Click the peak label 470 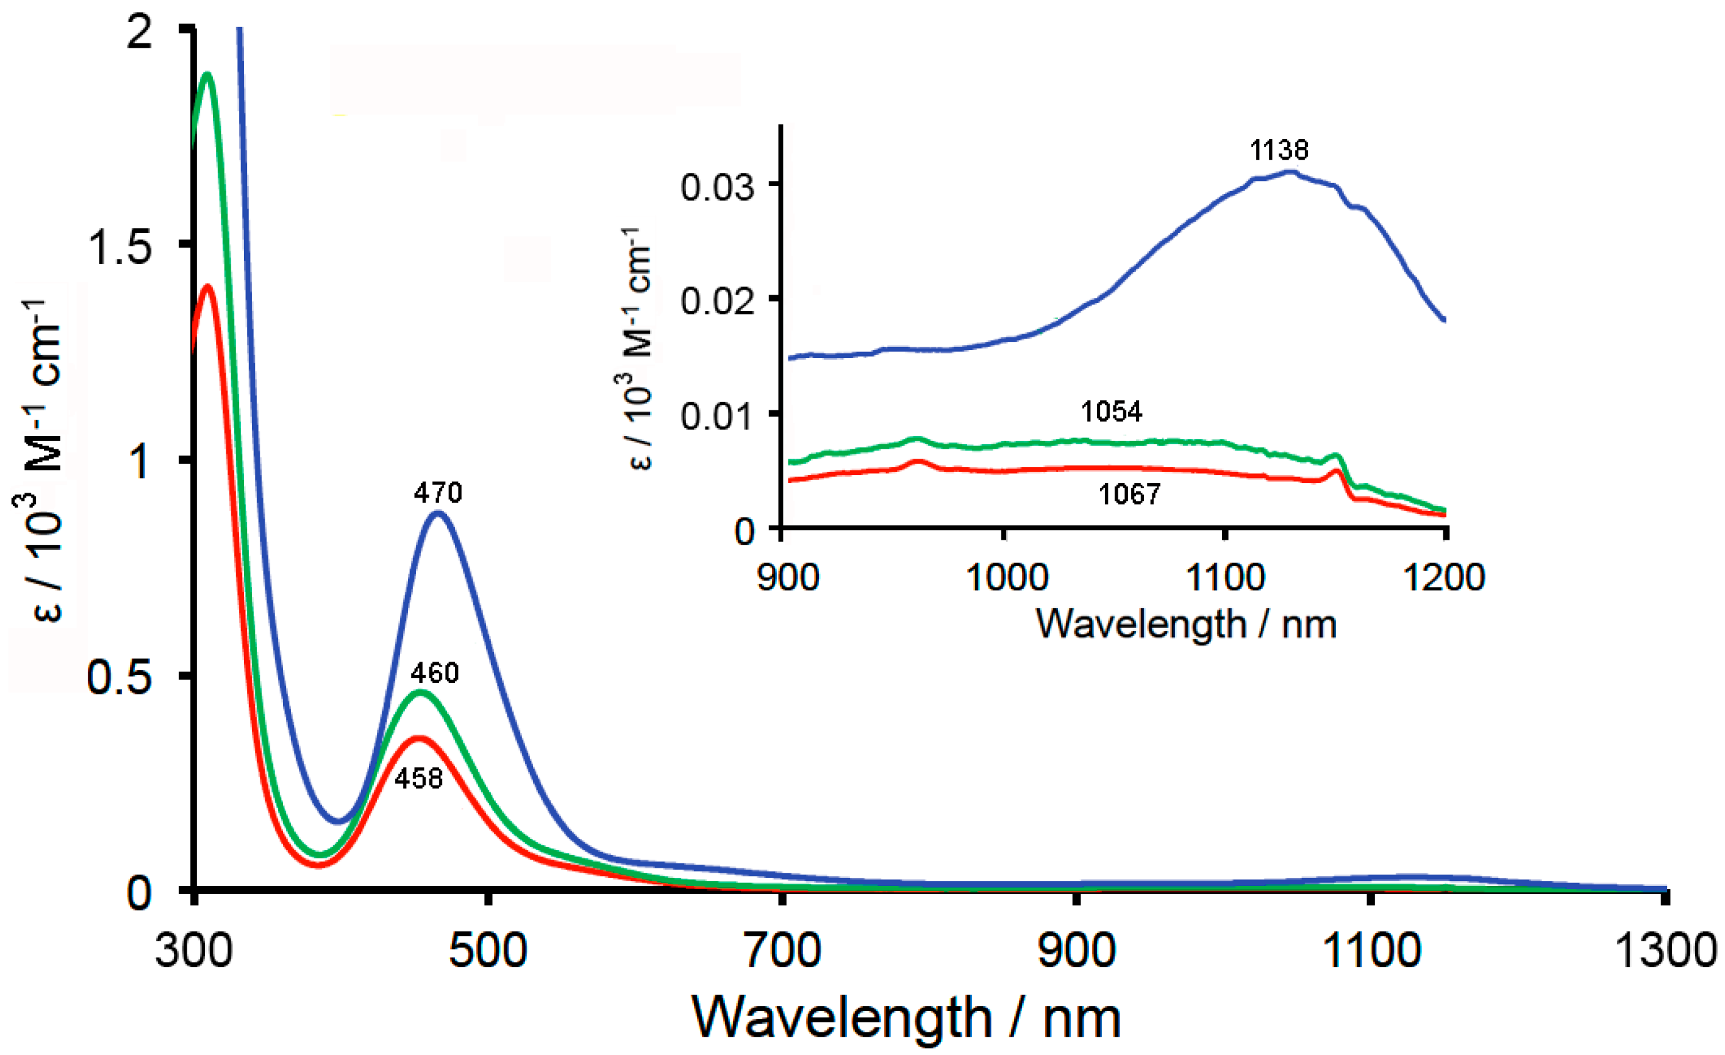tap(438, 493)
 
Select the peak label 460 tap(435, 673)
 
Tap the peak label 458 tap(419, 778)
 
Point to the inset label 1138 tap(1279, 150)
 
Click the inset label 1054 tap(1111, 412)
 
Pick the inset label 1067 tap(1129, 495)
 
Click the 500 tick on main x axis tap(488, 951)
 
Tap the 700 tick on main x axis tap(782, 951)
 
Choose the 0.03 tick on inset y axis tap(717, 187)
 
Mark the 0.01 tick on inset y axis tap(717, 416)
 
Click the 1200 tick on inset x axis tap(1444, 578)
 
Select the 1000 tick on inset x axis tap(1006, 578)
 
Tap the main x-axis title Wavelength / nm tap(907, 1018)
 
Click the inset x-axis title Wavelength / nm tap(1186, 623)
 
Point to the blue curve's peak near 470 tap(438, 513)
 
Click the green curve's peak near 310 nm tap(207, 74)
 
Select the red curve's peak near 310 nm tap(207, 286)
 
